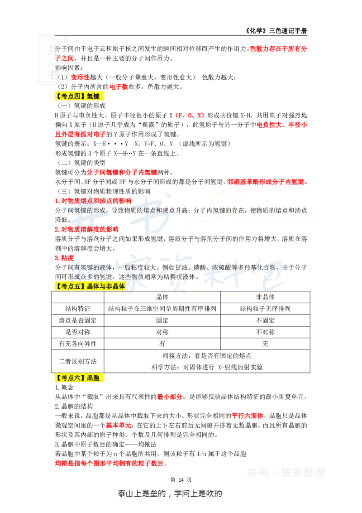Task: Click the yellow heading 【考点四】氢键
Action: point(79,97)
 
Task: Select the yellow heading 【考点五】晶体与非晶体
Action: point(90,286)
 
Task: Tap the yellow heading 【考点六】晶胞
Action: point(79,378)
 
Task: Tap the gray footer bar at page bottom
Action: point(170,495)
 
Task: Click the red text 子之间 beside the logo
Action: point(64,58)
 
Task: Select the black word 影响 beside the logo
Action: point(61,68)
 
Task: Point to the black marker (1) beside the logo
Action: point(62,77)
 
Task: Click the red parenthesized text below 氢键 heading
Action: point(190,116)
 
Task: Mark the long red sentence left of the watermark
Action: point(109,464)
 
